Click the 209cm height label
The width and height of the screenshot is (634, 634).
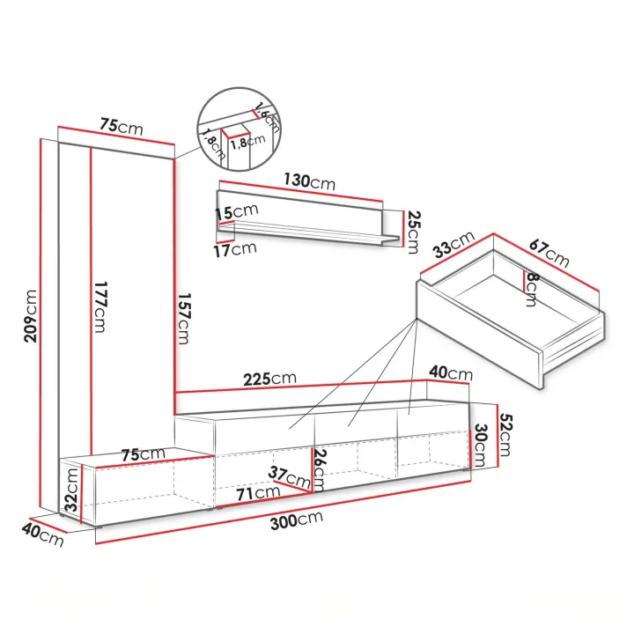coord(31,316)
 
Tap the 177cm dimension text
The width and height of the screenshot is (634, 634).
coord(100,307)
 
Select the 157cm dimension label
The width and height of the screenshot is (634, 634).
coord(183,319)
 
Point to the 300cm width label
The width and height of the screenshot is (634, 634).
coord(297,520)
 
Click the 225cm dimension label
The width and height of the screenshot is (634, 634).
coord(269,379)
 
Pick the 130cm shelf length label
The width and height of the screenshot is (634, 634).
coord(309,181)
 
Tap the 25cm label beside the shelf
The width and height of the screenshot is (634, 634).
coord(414,232)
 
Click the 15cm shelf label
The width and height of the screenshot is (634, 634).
coord(236,212)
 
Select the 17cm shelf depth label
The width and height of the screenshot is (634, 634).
coord(235,249)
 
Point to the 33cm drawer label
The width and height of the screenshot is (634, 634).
coord(453,245)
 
